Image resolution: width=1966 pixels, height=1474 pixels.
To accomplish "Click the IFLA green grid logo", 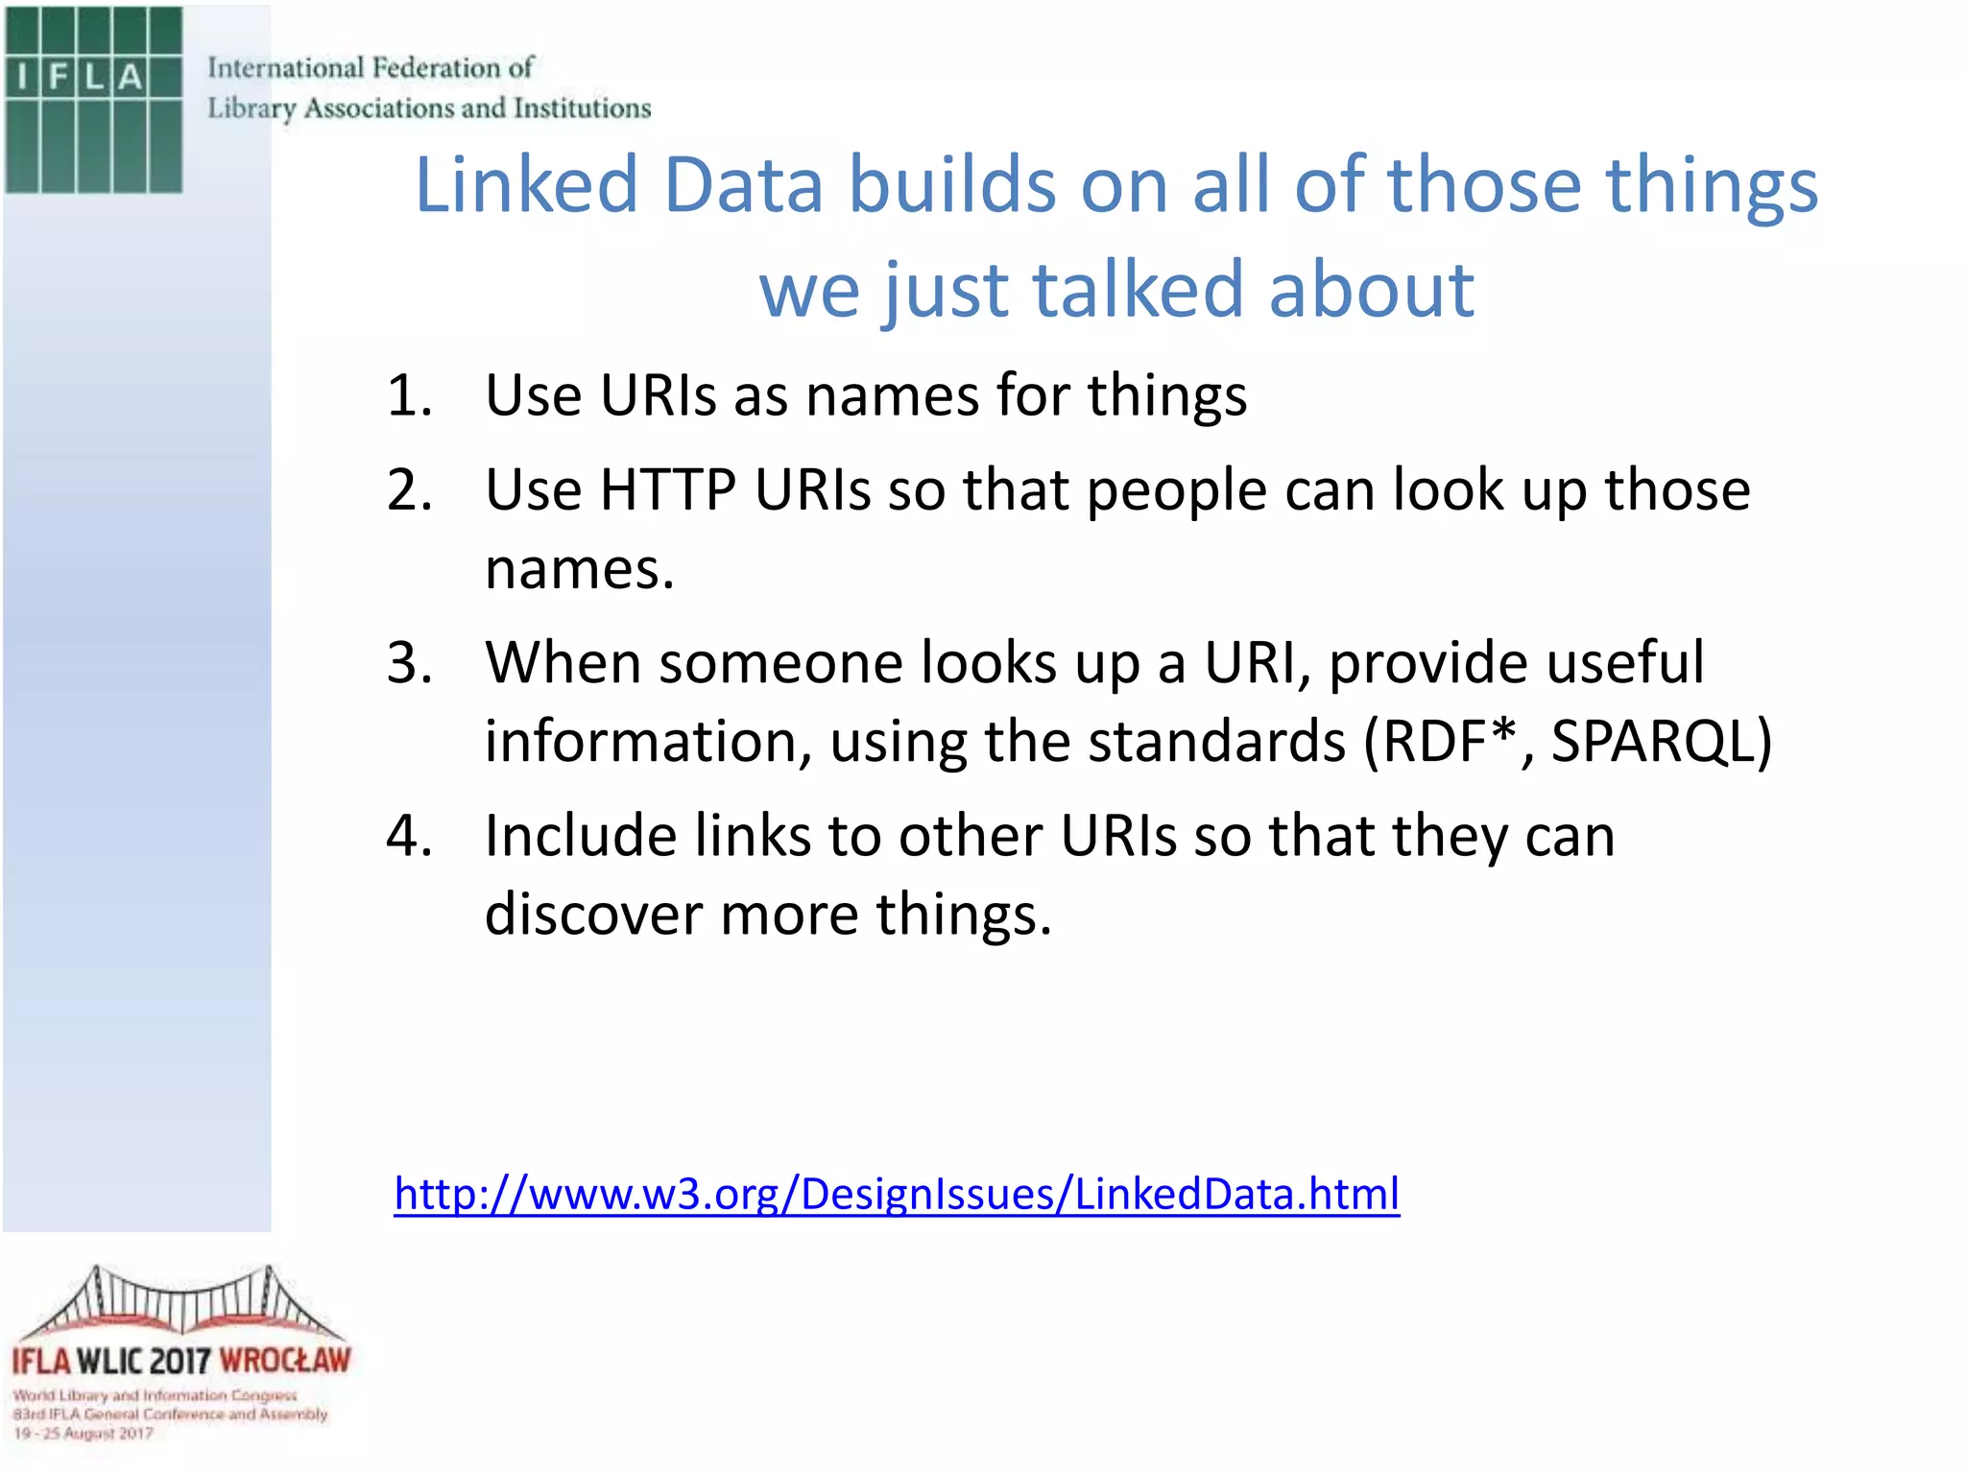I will [x=93, y=99].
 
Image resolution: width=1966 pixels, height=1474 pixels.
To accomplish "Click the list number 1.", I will [x=409, y=395].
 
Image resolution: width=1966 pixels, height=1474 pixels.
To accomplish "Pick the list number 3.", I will [x=409, y=663].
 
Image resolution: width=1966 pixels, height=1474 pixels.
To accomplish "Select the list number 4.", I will [x=409, y=836].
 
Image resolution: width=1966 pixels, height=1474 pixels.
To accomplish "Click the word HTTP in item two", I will [x=667, y=490].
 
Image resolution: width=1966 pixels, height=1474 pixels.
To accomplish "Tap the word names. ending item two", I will [x=579, y=569].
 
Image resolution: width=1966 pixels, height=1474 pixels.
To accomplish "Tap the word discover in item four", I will [x=593, y=915].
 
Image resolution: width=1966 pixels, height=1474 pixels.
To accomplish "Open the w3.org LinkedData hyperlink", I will [x=897, y=1195].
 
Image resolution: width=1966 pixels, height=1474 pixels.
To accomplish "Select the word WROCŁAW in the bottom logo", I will [x=285, y=1361].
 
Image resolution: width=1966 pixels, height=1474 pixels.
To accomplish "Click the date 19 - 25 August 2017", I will [x=84, y=1434].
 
